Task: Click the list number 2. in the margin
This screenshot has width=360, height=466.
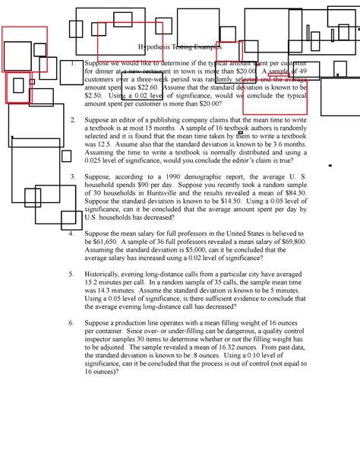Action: point(72,120)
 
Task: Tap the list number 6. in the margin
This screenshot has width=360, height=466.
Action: point(72,322)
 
